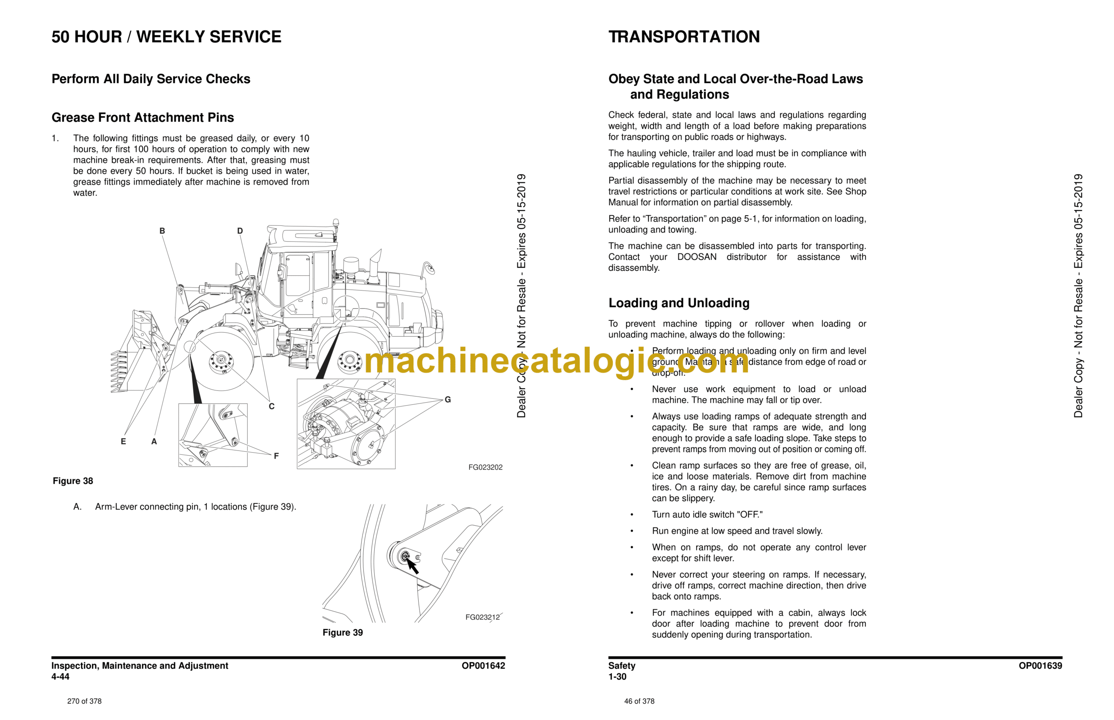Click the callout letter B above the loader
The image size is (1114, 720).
[162, 231]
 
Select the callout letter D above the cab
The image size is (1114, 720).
[240, 231]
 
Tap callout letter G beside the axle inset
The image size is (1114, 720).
[448, 400]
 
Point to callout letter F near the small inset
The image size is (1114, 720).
[276, 456]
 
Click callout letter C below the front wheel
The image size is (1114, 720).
[272, 406]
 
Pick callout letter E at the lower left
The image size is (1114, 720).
[124, 441]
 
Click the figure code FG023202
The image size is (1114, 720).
[485, 467]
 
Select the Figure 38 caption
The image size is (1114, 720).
[73, 481]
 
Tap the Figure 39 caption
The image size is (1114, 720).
[342, 633]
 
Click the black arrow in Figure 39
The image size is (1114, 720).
[413, 567]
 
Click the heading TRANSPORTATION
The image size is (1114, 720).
[684, 37]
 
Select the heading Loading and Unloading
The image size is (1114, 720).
[678, 303]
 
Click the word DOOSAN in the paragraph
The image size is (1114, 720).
[697, 257]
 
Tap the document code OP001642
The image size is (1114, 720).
[483, 666]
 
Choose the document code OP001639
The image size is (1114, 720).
[1040, 666]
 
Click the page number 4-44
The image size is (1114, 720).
[60, 677]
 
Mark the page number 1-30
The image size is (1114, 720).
[617, 677]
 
